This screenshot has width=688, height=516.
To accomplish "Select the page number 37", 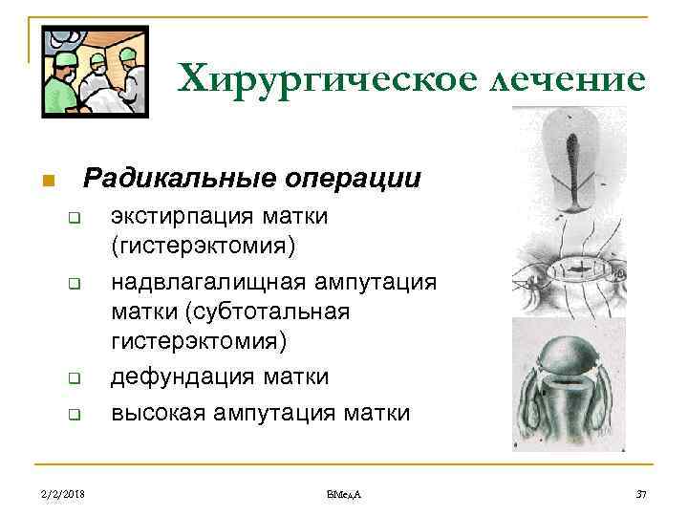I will click(x=641, y=493).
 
